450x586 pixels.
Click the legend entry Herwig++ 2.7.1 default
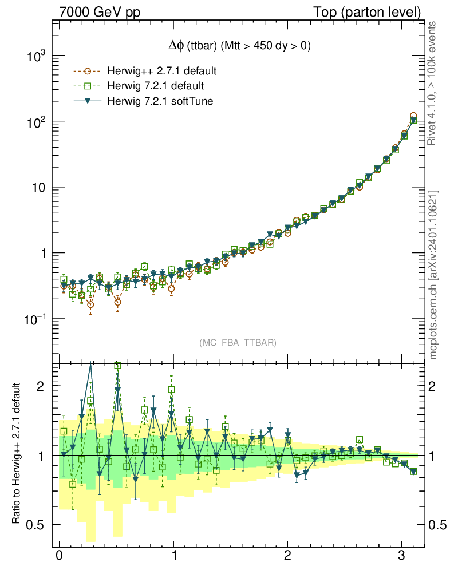pyautogui.click(x=161, y=72)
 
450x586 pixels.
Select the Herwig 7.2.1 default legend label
pyautogui.click(x=156, y=86)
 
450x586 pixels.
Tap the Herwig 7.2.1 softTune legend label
pyautogui.click(x=159, y=101)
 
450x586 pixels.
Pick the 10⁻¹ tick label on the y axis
pyautogui.click(x=37, y=319)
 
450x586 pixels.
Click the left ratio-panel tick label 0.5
pyautogui.click(x=40, y=525)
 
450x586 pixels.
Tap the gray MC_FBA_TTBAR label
pyautogui.click(x=238, y=343)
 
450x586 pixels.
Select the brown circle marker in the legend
pyautogui.click(x=87, y=72)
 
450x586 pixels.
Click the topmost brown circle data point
pyautogui.click(x=413, y=116)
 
